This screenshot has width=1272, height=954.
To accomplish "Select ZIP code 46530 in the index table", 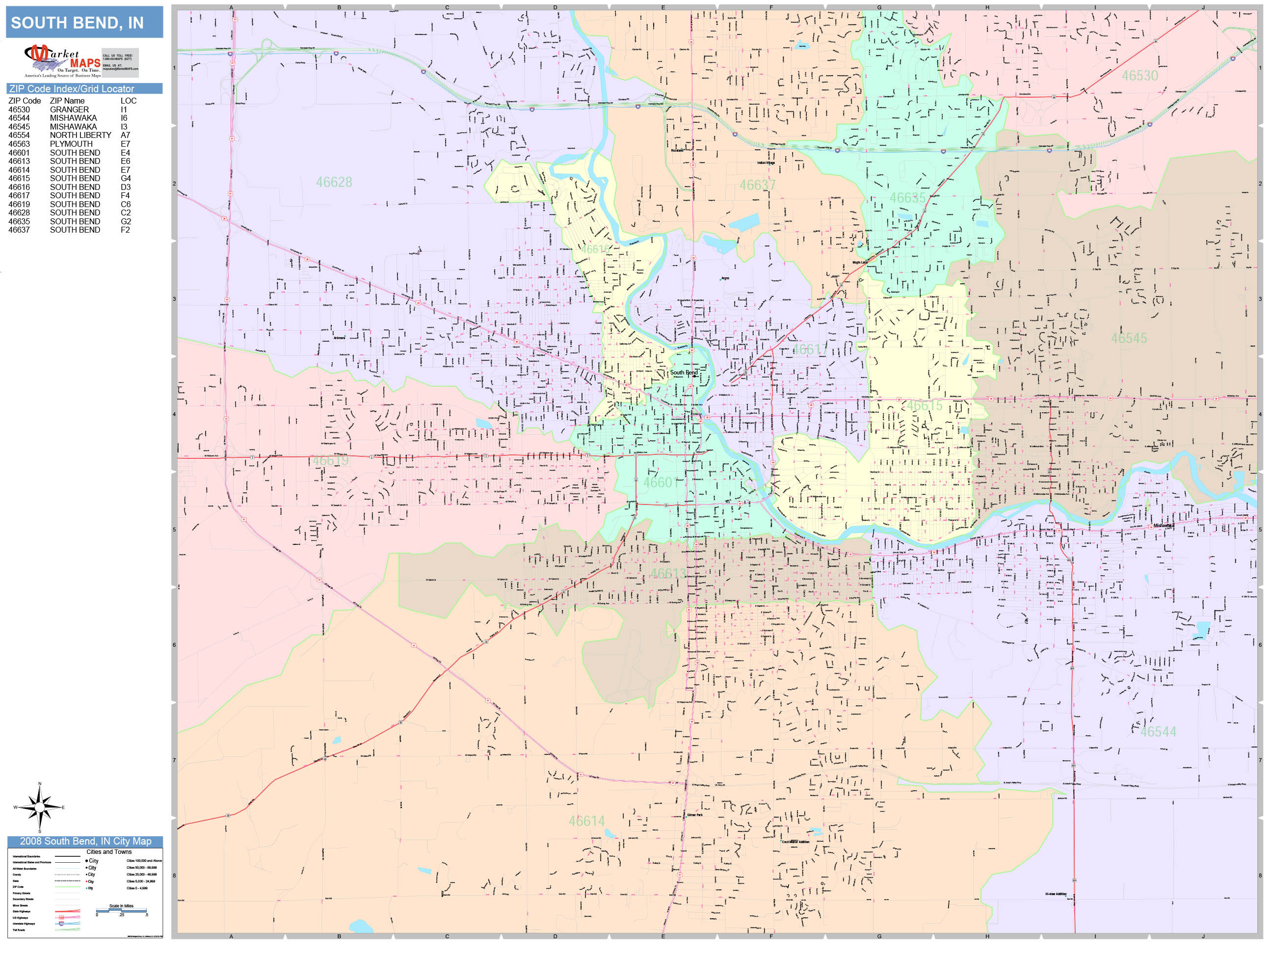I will tap(19, 109).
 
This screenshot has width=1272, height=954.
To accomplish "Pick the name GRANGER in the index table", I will tap(69, 109).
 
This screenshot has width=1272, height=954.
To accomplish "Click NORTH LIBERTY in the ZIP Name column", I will tap(80, 135).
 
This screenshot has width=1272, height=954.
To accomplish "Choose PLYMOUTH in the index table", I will tap(71, 144).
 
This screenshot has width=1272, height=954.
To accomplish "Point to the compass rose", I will tap(39, 807).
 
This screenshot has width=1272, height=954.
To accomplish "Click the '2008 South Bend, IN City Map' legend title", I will tap(85, 841).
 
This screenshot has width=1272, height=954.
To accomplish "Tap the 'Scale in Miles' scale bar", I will tap(121, 910).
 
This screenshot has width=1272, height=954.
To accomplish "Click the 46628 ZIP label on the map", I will tap(334, 182).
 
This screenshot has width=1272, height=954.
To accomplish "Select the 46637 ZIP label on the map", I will tap(757, 185).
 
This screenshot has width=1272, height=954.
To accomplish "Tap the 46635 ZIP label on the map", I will tap(907, 198).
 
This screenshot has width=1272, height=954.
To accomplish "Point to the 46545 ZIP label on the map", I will tap(1128, 338).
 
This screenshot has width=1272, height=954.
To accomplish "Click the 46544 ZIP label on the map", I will tap(1158, 732).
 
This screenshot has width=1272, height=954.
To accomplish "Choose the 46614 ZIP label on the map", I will tap(586, 821).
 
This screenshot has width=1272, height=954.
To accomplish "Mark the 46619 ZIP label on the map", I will tap(331, 461).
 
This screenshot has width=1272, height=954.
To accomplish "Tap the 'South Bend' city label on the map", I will tap(684, 372).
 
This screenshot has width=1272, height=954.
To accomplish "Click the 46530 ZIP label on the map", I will tap(1139, 76).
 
